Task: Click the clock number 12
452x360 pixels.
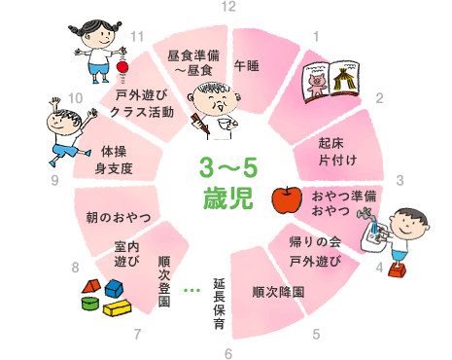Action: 228,7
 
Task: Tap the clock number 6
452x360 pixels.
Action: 228,353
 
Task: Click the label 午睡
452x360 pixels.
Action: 246,66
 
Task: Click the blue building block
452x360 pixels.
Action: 114,288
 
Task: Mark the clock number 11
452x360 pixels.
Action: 137,37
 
